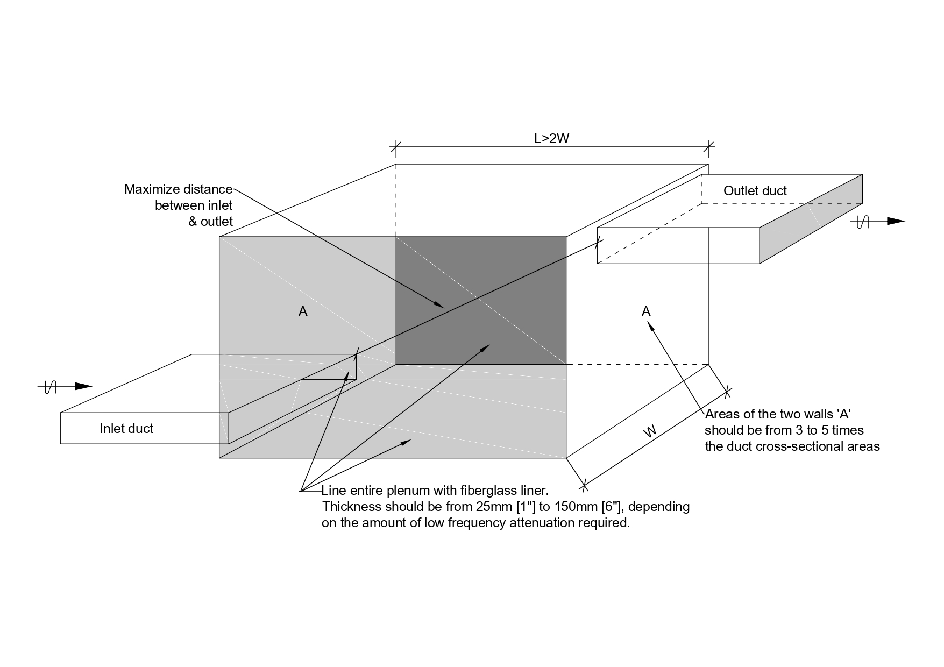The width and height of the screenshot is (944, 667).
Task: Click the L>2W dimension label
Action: pyautogui.click(x=551, y=138)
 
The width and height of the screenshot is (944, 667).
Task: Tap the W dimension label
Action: pyautogui.click(x=650, y=431)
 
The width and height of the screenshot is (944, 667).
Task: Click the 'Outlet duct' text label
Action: pyautogui.click(x=755, y=191)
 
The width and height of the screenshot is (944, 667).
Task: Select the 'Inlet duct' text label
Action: pyautogui.click(x=126, y=429)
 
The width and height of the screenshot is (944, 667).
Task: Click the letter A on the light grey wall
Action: pyautogui.click(x=303, y=311)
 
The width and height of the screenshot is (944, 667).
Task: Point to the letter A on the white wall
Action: pyautogui.click(x=646, y=311)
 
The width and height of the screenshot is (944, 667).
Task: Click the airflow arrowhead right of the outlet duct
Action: pyautogui.click(x=896, y=221)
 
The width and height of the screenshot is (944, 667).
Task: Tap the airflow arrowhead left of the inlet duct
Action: pyautogui.click(x=83, y=386)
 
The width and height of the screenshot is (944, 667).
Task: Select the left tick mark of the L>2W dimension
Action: pyautogui.click(x=396, y=146)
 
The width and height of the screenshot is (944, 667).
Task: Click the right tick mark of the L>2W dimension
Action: pyautogui.click(x=708, y=146)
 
